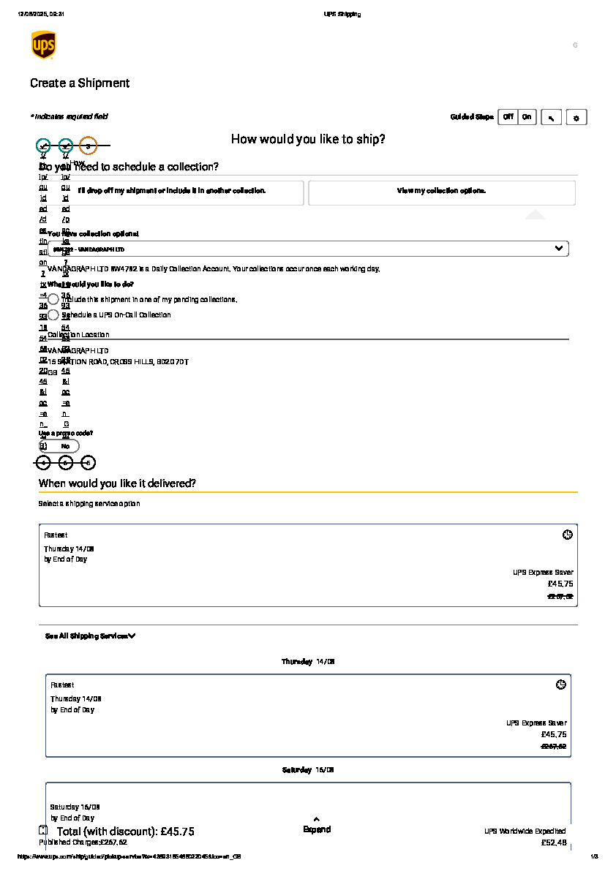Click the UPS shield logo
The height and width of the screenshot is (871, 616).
(43, 45)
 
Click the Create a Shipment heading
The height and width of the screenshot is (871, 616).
(80, 83)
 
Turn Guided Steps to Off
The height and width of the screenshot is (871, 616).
(508, 117)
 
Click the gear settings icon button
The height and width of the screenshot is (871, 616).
(576, 118)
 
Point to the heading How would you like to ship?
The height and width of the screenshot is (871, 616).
(308, 139)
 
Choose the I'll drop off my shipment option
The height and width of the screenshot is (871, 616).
(171, 191)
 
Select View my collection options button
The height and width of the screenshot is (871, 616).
(441, 191)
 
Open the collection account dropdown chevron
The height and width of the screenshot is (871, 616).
(559, 249)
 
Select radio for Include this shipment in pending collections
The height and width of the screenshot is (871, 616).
(53, 299)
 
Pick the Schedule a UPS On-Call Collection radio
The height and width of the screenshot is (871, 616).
(53, 314)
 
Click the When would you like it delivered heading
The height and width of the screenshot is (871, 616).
(117, 483)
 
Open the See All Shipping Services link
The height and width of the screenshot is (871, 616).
(90, 636)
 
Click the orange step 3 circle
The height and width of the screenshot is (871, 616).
(88, 146)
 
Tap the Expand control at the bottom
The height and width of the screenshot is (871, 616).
(316, 826)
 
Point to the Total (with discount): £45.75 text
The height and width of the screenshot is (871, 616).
(125, 832)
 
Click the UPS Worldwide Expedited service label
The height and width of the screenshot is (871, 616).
(524, 832)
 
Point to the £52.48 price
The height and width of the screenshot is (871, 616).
(553, 843)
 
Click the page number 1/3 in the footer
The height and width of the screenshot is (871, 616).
(593, 856)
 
